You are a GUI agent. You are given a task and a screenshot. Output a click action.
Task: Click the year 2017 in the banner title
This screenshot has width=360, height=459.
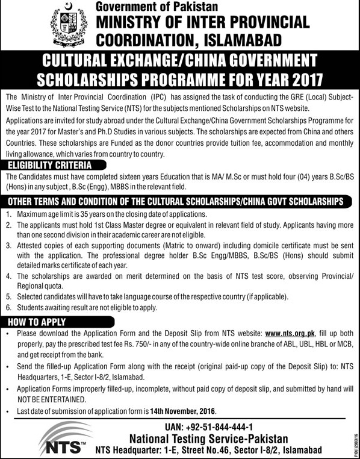pyautogui.click(x=289, y=78)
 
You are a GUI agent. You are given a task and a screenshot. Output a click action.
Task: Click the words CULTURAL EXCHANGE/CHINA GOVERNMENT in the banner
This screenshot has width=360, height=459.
pyautogui.click(x=179, y=61)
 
